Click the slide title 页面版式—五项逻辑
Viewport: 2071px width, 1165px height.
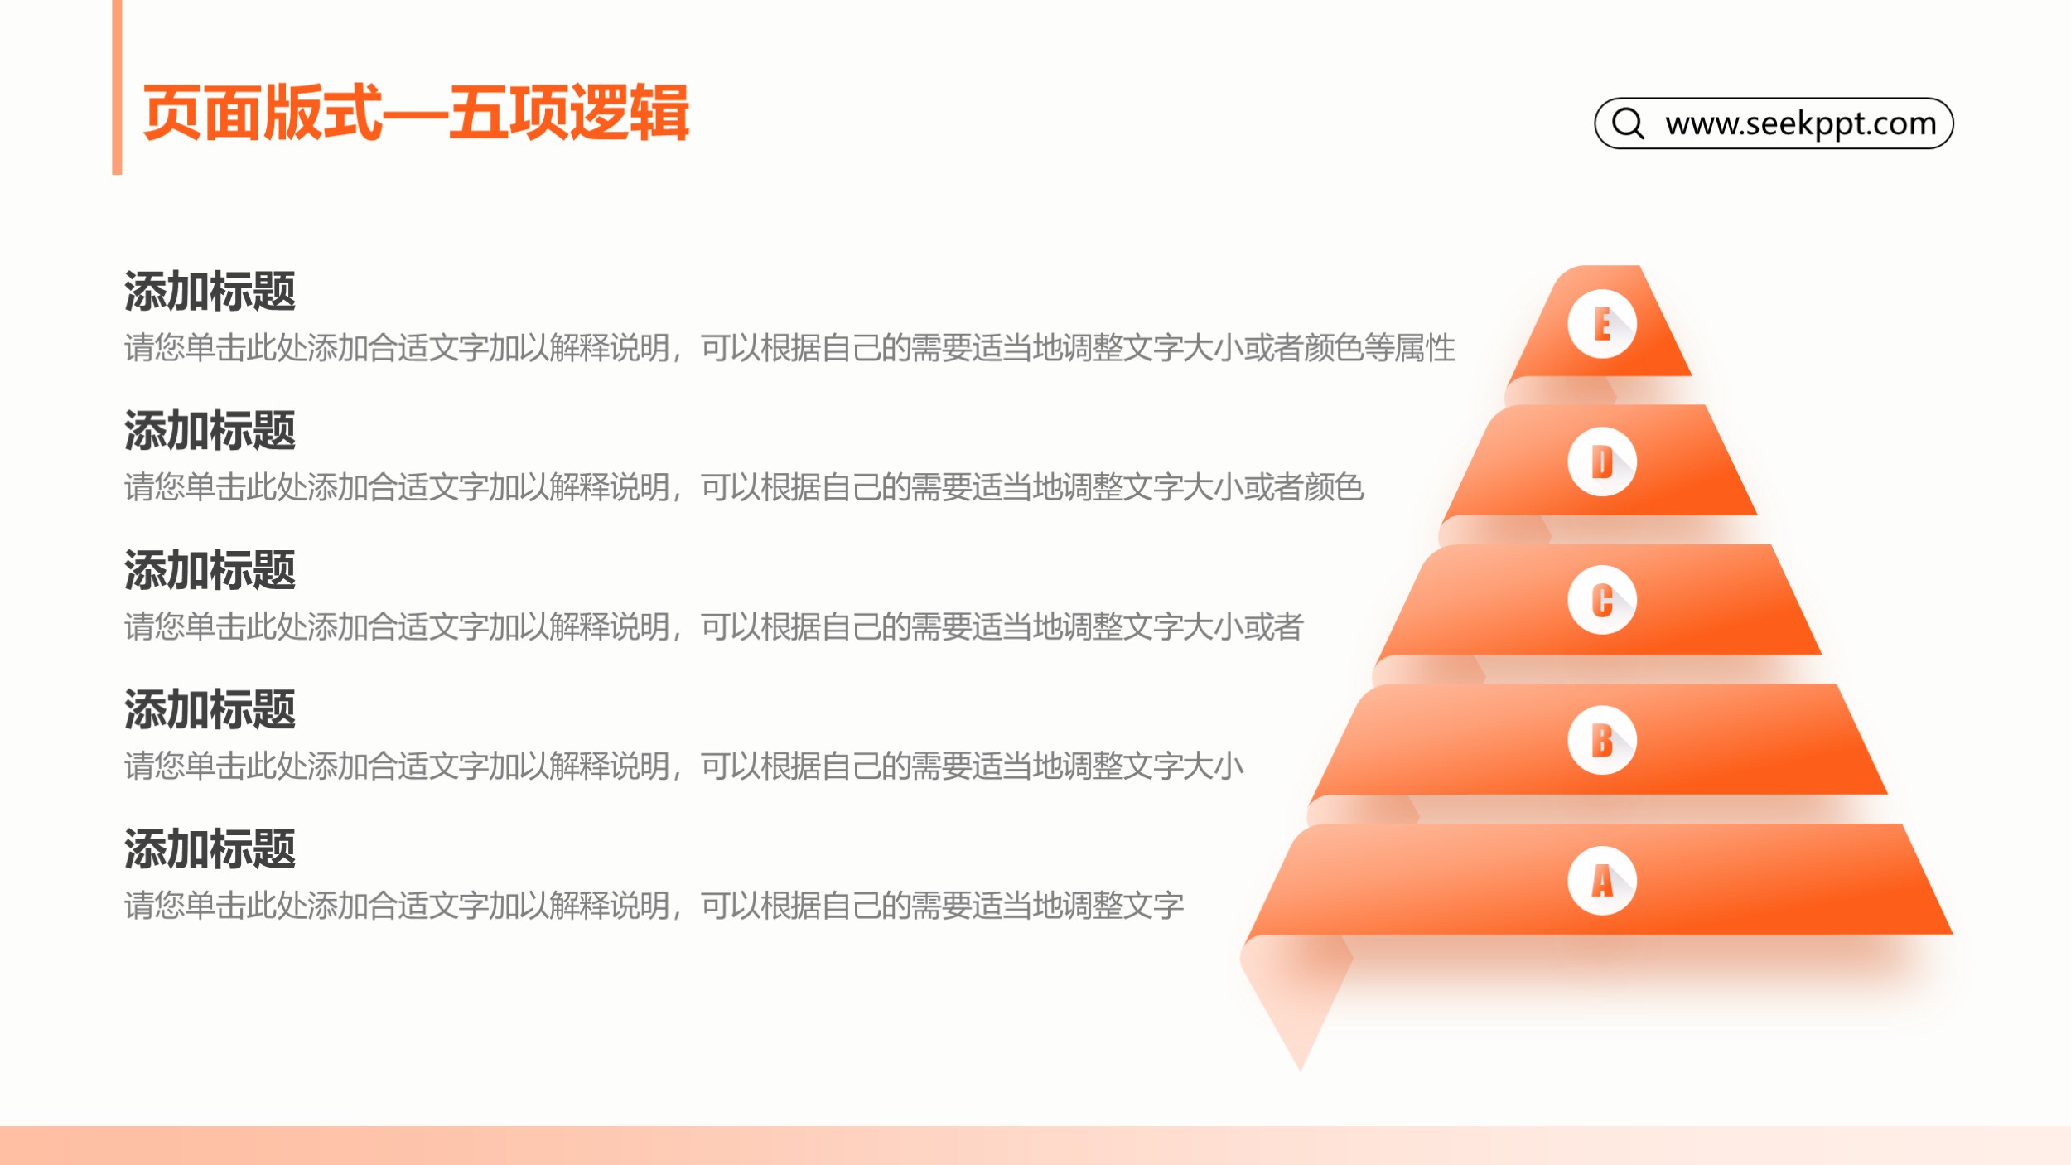(x=416, y=113)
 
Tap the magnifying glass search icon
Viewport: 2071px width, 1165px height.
(x=1628, y=123)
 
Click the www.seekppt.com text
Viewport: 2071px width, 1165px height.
(x=1801, y=123)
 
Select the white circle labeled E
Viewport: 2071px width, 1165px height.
(x=1602, y=324)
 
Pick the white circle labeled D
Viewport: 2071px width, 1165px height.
(x=1602, y=462)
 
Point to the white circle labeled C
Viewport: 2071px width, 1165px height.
(x=1602, y=601)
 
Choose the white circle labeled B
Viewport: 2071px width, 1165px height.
(x=1602, y=740)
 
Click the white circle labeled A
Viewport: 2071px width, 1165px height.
(x=1602, y=880)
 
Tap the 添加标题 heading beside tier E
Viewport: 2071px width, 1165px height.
(x=210, y=292)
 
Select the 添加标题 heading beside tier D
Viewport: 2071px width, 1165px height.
(x=210, y=431)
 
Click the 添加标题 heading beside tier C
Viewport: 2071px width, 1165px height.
(x=210, y=570)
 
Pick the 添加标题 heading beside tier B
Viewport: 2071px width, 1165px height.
(x=210, y=710)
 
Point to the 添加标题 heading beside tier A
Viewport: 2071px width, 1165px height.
(x=210, y=849)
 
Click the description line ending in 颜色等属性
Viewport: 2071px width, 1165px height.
(x=789, y=348)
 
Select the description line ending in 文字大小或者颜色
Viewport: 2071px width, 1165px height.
(x=744, y=487)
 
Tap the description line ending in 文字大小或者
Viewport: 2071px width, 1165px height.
(x=714, y=626)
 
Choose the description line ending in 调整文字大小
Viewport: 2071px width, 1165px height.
(x=684, y=766)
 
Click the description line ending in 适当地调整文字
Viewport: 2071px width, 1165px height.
(x=654, y=906)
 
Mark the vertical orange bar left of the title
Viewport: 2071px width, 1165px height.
(x=117, y=87)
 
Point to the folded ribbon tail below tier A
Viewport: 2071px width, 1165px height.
(x=1296, y=1003)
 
